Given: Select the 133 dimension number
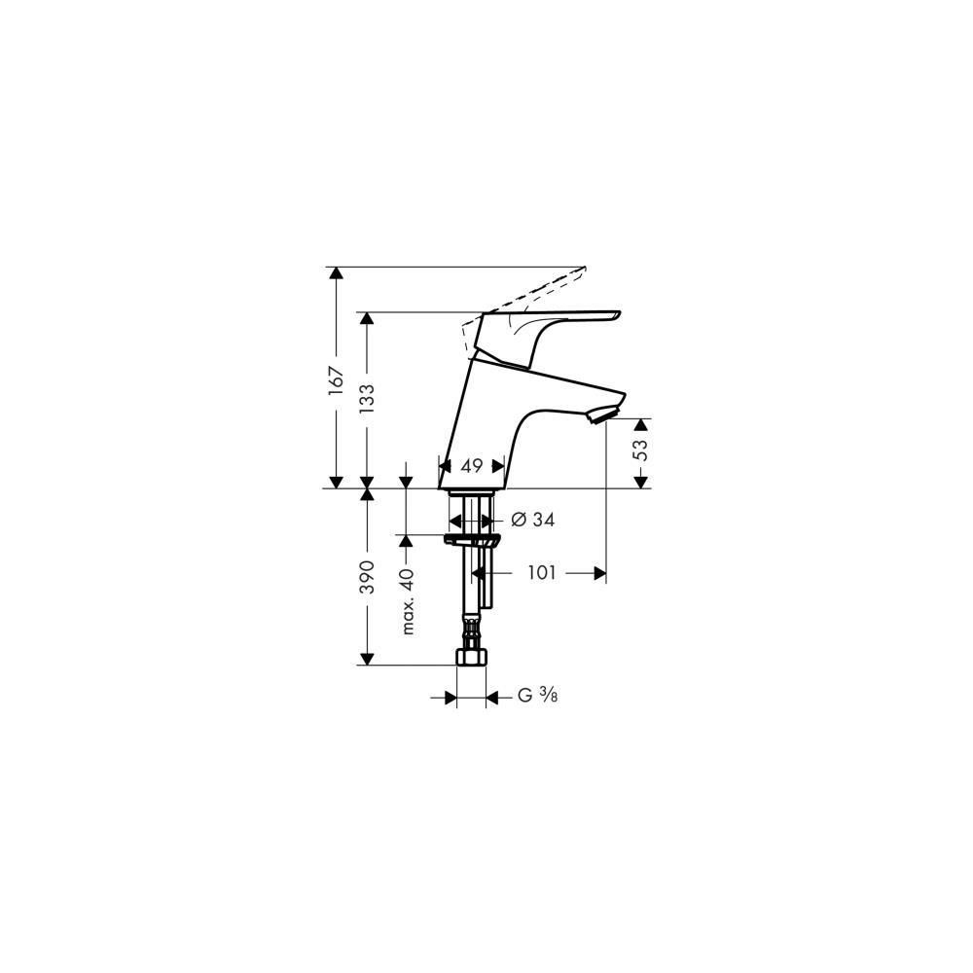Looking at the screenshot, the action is (x=367, y=400).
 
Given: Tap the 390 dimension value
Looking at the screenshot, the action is (x=368, y=576).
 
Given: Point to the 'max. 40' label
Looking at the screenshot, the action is (x=407, y=601).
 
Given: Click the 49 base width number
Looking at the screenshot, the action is (x=472, y=465).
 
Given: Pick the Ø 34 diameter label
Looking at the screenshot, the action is (x=532, y=520).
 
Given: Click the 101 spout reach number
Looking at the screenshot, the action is (x=542, y=573).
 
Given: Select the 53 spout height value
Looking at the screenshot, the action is (x=640, y=449).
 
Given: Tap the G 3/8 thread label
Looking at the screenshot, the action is (x=537, y=696).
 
